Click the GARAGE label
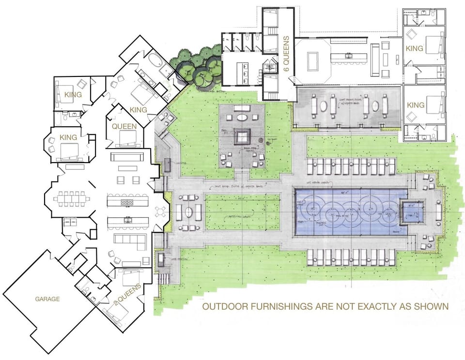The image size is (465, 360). (47, 299)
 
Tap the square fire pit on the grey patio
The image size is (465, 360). (242, 135)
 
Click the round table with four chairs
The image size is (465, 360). (160, 211)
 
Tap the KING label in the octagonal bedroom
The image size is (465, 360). (68, 137)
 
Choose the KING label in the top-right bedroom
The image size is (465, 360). (415, 48)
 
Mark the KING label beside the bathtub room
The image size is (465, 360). (138, 110)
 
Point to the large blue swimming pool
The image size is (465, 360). (346, 212)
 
